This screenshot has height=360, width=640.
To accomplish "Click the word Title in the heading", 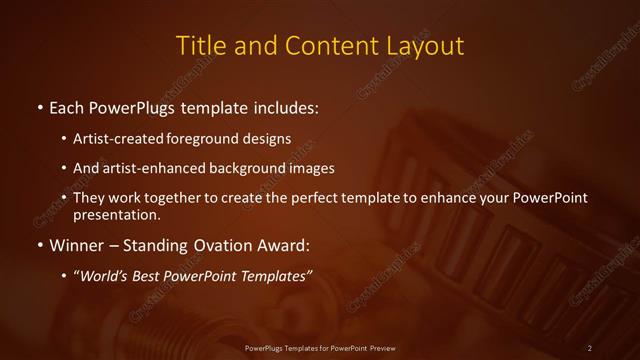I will (200, 46).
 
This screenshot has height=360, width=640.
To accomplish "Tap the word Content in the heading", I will (327, 46).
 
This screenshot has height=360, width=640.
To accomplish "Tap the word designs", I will (271, 138).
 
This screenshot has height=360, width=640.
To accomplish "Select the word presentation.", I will (116, 214).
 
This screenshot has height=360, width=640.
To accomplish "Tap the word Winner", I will (77, 244).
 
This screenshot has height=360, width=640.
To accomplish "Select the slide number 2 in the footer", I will (589, 347).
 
